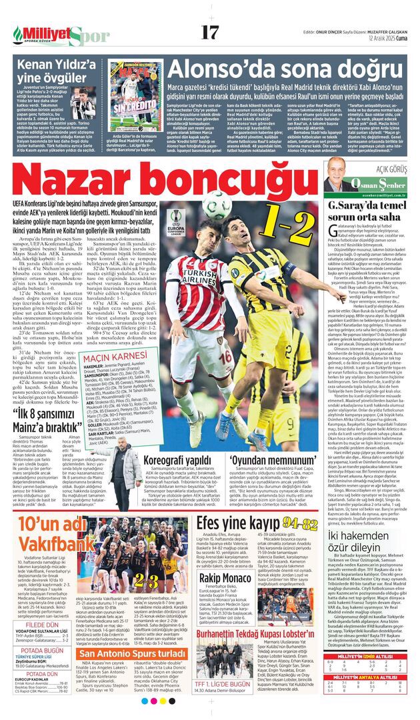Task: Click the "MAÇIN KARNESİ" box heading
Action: tap(107, 358)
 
